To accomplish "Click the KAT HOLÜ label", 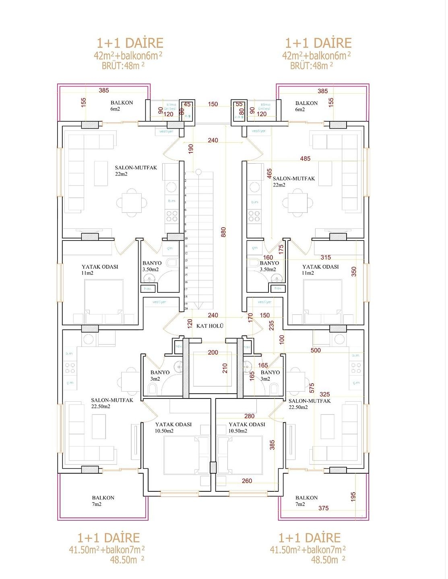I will pyautogui.click(x=210, y=326).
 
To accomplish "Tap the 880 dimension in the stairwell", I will pyautogui.click(x=224, y=232).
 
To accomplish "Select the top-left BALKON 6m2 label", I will pyautogui.click(x=122, y=106).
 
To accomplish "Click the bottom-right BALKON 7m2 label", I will pyautogui.click(x=306, y=501).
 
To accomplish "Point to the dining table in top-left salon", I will pyautogui.click(x=132, y=203).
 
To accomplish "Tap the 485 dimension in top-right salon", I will pyautogui.click(x=305, y=159).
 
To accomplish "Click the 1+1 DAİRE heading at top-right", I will pyautogui.click(x=318, y=43).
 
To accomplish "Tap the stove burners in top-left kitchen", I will pyautogui.click(x=172, y=216).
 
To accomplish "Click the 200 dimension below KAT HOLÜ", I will pyautogui.click(x=213, y=353).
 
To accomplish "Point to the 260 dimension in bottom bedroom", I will pyautogui.click(x=247, y=481).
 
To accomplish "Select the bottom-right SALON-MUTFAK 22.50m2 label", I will pyautogui.click(x=309, y=404).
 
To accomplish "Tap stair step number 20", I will pyautogui.click(x=186, y=309).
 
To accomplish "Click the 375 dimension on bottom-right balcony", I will pyautogui.click(x=323, y=508).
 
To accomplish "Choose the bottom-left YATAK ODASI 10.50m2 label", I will pyautogui.click(x=173, y=427).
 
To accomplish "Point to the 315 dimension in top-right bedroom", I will pyautogui.click(x=326, y=257).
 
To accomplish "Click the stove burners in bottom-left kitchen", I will pyautogui.click(x=70, y=368).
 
